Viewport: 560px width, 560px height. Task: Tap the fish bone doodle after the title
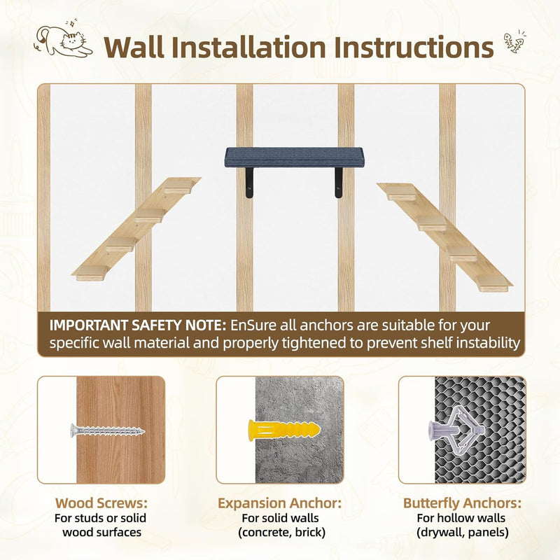click(x=514, y=41)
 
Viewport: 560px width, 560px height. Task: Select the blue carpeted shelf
click(x=294, y=157)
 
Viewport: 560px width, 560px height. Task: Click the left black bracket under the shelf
click(x=249, y=183)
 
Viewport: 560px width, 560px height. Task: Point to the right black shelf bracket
click(x=338, y=183)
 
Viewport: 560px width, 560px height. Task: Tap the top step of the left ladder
click(x=178, y=185)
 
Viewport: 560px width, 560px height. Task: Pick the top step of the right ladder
click(x=400, y=192)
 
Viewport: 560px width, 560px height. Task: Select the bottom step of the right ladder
click(x=494, y=283)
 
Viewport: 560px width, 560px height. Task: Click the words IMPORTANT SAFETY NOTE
click(x=138, y=325)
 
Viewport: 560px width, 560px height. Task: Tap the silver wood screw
click(x=108, y=431)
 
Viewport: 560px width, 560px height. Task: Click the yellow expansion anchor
click(x=284, y=430)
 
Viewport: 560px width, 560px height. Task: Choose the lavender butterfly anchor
click(x=456, y=428)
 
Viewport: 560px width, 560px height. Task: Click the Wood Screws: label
click(x=101, y=503)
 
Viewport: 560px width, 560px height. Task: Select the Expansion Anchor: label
click(x=279, y=503)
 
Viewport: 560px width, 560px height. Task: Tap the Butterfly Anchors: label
click(x=463, y=503)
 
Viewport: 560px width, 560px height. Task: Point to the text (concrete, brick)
click(x=282, y=532)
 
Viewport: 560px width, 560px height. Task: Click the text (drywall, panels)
click(x=463, y=532)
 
